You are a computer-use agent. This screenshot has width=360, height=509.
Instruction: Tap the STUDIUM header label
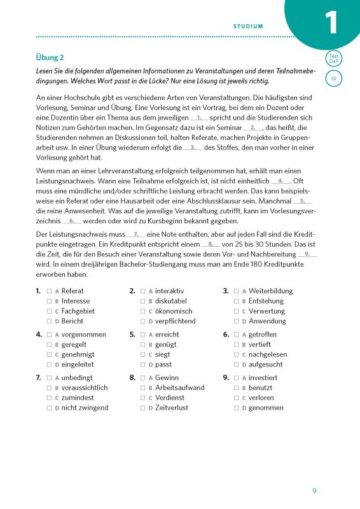248,26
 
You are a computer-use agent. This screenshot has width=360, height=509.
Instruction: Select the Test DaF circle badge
333,59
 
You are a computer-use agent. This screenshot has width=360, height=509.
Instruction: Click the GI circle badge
333,79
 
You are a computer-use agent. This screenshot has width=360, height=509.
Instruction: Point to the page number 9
314,491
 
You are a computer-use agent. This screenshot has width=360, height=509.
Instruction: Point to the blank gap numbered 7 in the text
136,235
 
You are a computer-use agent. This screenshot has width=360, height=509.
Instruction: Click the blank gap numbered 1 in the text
199,118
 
